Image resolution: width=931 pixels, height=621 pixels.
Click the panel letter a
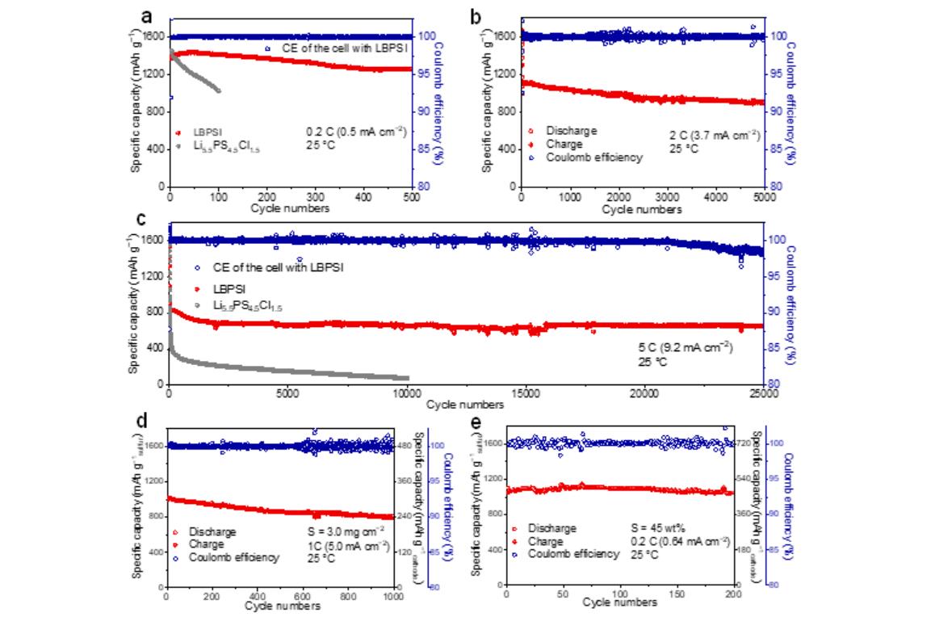146,15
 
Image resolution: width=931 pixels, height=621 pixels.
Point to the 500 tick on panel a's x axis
411,196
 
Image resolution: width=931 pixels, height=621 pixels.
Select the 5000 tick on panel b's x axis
764,196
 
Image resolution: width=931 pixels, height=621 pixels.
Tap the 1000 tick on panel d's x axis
393,596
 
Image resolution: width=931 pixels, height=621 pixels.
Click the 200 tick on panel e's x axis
732,595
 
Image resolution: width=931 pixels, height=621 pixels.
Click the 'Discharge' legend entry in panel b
566,131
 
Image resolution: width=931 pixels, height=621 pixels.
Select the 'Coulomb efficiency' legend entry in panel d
234,557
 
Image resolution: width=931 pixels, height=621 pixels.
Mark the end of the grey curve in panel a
218,90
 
